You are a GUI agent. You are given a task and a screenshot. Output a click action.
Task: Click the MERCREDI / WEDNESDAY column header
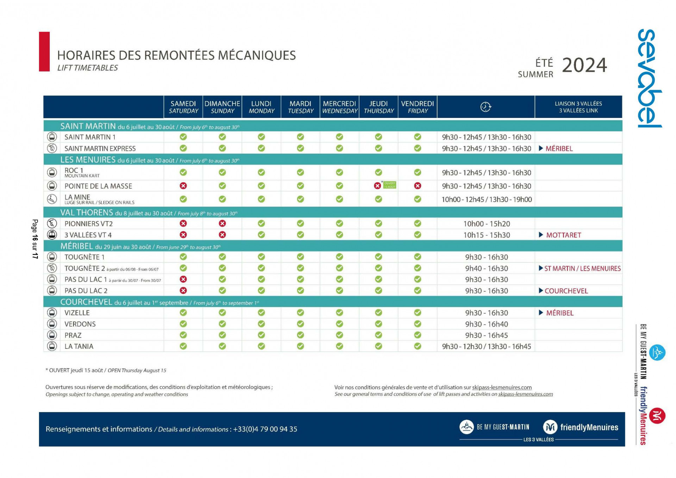[339, 107]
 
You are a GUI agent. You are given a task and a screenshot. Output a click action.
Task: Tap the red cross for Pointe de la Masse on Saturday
[183, 186]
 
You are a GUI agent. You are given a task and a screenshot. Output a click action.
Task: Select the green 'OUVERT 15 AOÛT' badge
[389, 185]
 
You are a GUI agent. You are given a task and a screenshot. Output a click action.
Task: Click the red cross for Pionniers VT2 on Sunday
[222, 224]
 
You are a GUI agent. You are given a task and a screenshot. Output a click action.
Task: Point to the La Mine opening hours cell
[486, 200]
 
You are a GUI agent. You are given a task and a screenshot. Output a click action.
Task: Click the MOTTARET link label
[563, 235]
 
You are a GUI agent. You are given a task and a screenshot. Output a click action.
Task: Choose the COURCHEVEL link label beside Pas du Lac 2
[566, 291]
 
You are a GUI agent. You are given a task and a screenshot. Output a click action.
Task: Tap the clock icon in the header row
[486, 107]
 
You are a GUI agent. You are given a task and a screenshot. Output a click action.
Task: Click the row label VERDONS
[80, 324]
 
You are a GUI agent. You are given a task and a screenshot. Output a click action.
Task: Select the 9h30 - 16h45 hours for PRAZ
[486, 335]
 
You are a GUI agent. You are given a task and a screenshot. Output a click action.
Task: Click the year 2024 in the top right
[584, 65]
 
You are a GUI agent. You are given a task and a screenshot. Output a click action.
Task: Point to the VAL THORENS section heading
[87, 213]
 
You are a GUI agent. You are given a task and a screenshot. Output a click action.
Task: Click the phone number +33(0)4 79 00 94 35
[265, 429]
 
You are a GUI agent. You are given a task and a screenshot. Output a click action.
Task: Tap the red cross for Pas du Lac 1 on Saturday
[183, 279]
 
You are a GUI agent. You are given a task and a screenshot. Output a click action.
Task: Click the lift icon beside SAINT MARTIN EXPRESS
[52, 149]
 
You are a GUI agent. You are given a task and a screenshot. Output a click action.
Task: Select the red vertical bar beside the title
[44, 52]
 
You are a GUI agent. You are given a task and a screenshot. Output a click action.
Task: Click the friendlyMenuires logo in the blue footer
[581, 427]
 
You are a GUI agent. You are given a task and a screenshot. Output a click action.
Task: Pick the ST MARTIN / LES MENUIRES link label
[582, 269]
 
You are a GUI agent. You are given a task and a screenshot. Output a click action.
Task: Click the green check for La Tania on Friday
[418, 346]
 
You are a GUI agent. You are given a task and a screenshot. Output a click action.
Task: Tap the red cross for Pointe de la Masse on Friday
[418, 186]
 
